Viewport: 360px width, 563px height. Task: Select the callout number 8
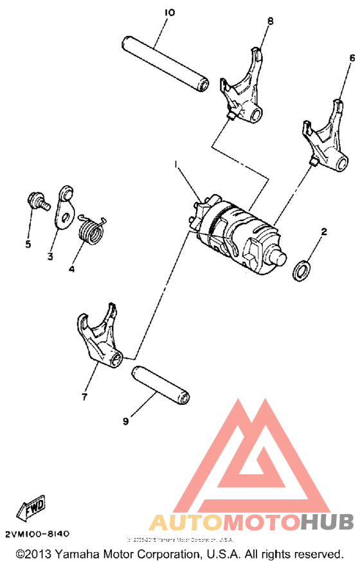tap(270, 21)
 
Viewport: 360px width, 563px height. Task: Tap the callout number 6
tap(351, 58)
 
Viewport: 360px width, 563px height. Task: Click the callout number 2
tap(324, 231)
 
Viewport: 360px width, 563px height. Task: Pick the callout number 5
tap(28, 244)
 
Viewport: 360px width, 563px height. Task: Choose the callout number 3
tap(49, 257)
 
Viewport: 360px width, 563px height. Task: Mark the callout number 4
tap(71, 269)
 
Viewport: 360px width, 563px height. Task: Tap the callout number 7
tap(84, 397)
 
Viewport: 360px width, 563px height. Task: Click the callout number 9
tap(125, 421)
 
